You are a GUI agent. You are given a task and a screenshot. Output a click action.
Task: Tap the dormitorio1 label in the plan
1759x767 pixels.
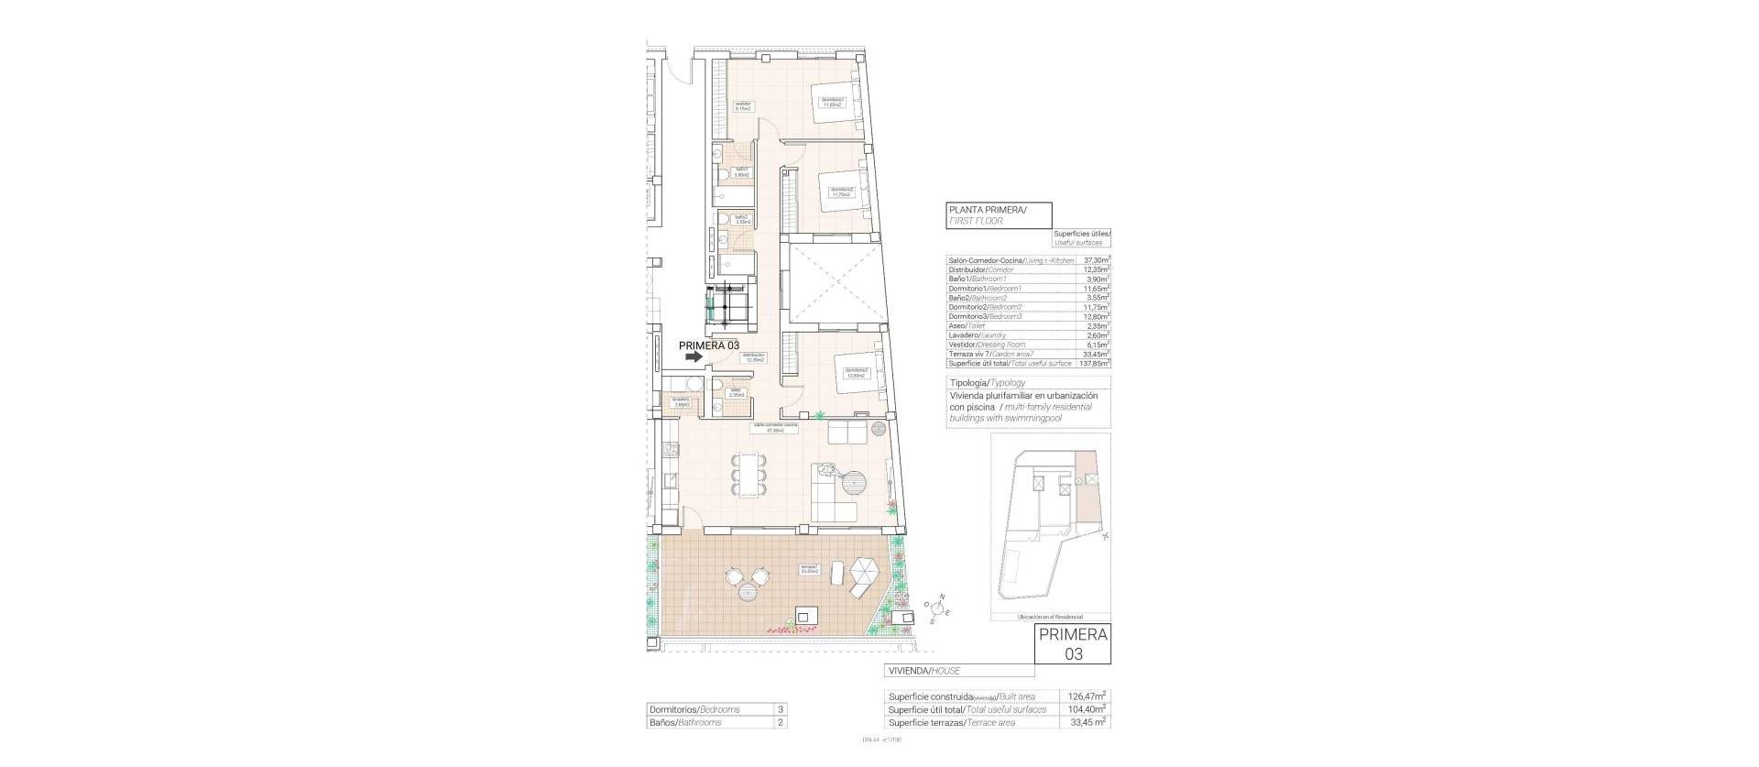tap(832, 102)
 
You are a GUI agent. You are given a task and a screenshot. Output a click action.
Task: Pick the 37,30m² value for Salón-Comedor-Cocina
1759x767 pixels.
tap(1096, 261)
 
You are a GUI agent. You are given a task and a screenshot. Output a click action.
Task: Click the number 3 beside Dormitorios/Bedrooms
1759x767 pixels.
tap(780, 709)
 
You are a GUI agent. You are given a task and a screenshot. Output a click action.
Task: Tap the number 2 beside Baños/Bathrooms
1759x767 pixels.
tap(780, 722)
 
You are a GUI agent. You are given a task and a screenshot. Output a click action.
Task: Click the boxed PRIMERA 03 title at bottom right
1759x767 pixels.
tap(1073, 643)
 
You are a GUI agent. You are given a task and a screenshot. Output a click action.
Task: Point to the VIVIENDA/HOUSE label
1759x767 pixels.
tap(923, 671)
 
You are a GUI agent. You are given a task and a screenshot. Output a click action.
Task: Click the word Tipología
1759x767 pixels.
tap(968, 382)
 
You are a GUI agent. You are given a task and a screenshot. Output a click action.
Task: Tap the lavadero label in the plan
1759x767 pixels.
tap(680, 401)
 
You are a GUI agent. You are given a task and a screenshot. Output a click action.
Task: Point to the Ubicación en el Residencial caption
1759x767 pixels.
tap(1049, 617)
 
